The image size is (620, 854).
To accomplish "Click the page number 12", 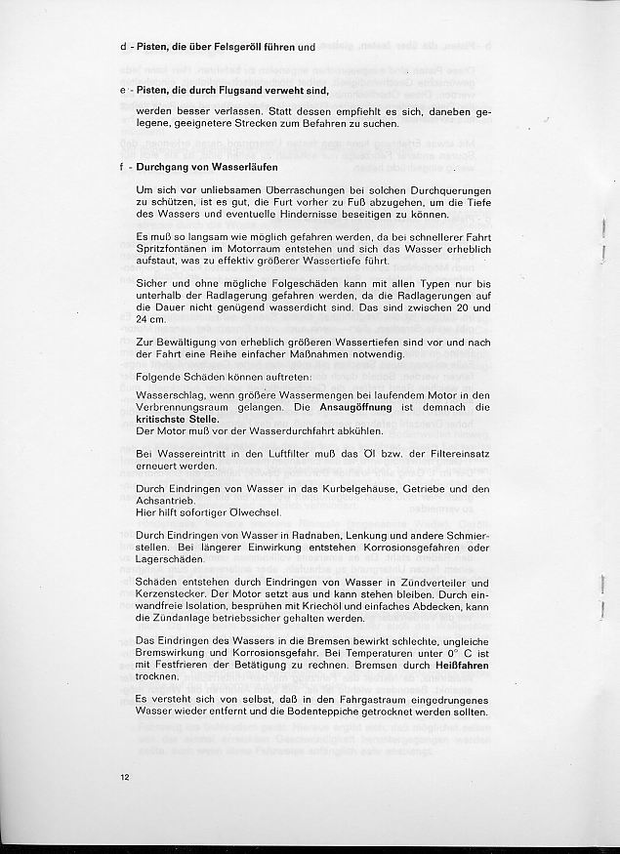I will [124, 777].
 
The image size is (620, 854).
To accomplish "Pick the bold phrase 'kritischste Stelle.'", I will [178, 417].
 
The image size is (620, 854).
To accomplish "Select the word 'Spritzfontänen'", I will [179, 251].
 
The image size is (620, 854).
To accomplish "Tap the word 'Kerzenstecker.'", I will [179, 594].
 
